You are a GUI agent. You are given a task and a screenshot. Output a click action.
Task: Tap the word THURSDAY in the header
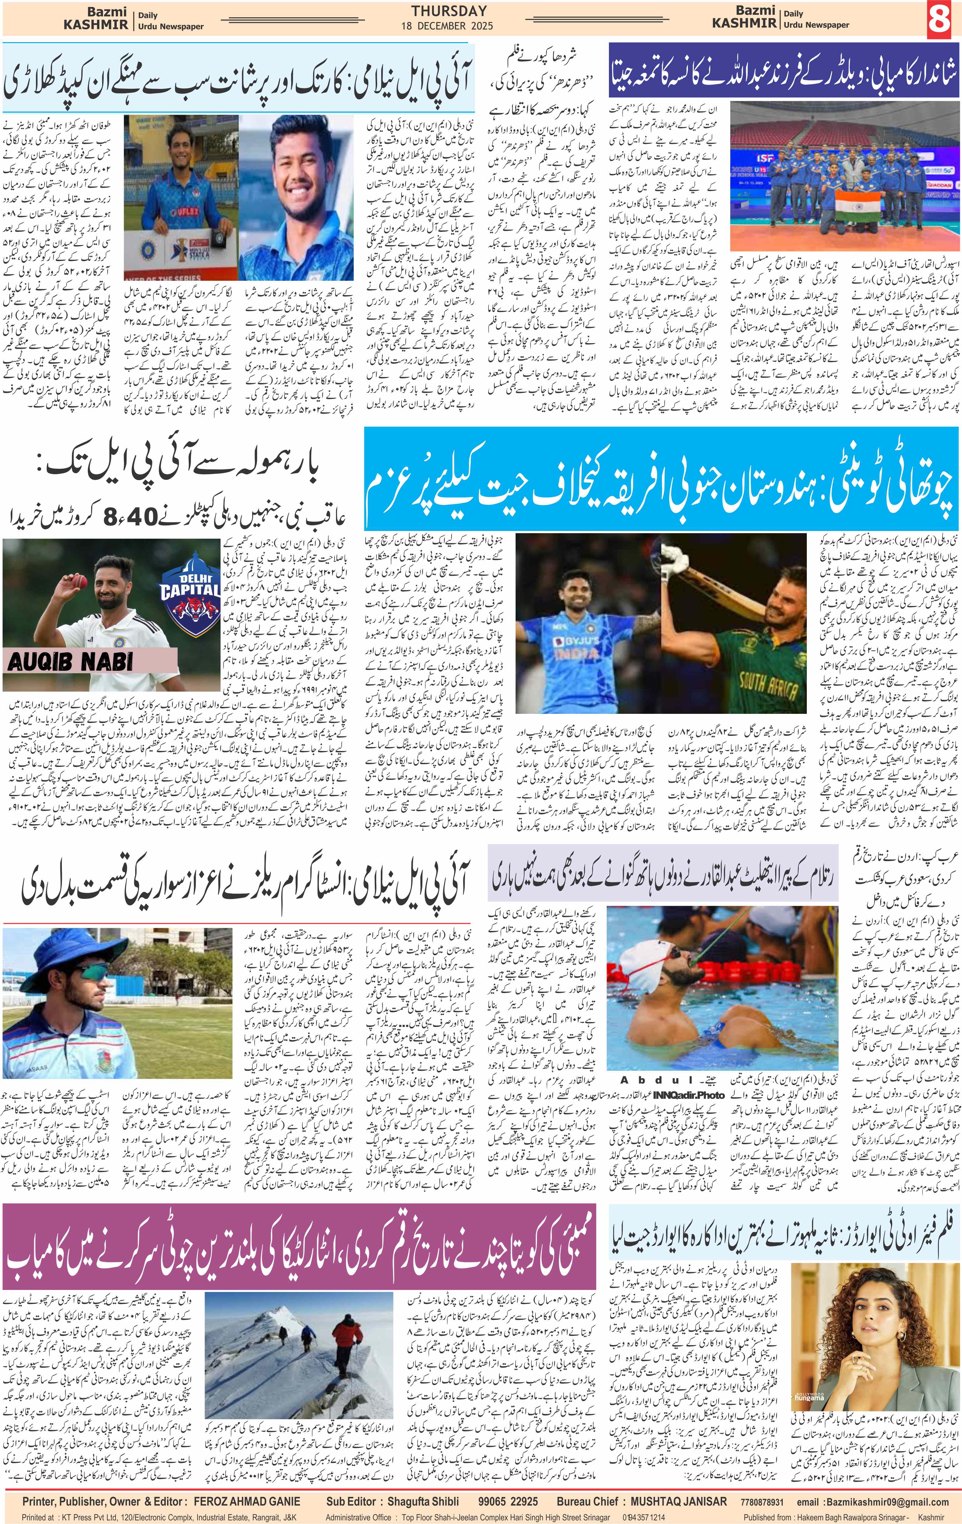tap(449, 11)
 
